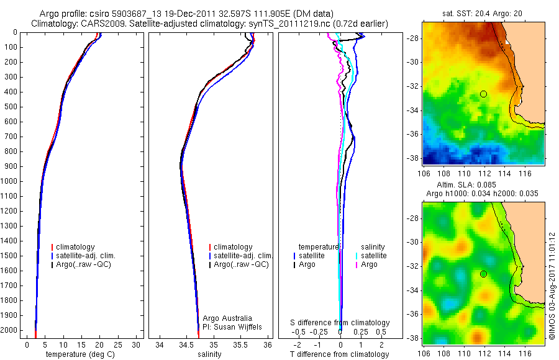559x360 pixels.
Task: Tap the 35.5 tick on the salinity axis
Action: tap(240, 344)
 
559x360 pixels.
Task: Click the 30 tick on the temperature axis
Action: tap(136, 344)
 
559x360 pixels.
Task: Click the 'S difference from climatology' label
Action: tap(340, 323)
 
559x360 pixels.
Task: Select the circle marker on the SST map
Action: tap(484, 94)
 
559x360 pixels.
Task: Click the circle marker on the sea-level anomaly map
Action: tap(484, 274)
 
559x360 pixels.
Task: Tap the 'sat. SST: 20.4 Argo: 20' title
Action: tap(484, 13)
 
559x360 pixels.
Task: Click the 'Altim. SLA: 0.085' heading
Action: tap(484, 185)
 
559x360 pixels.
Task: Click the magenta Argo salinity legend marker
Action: tap(357, 265)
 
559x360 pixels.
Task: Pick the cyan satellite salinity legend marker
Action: tap(357, 256)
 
